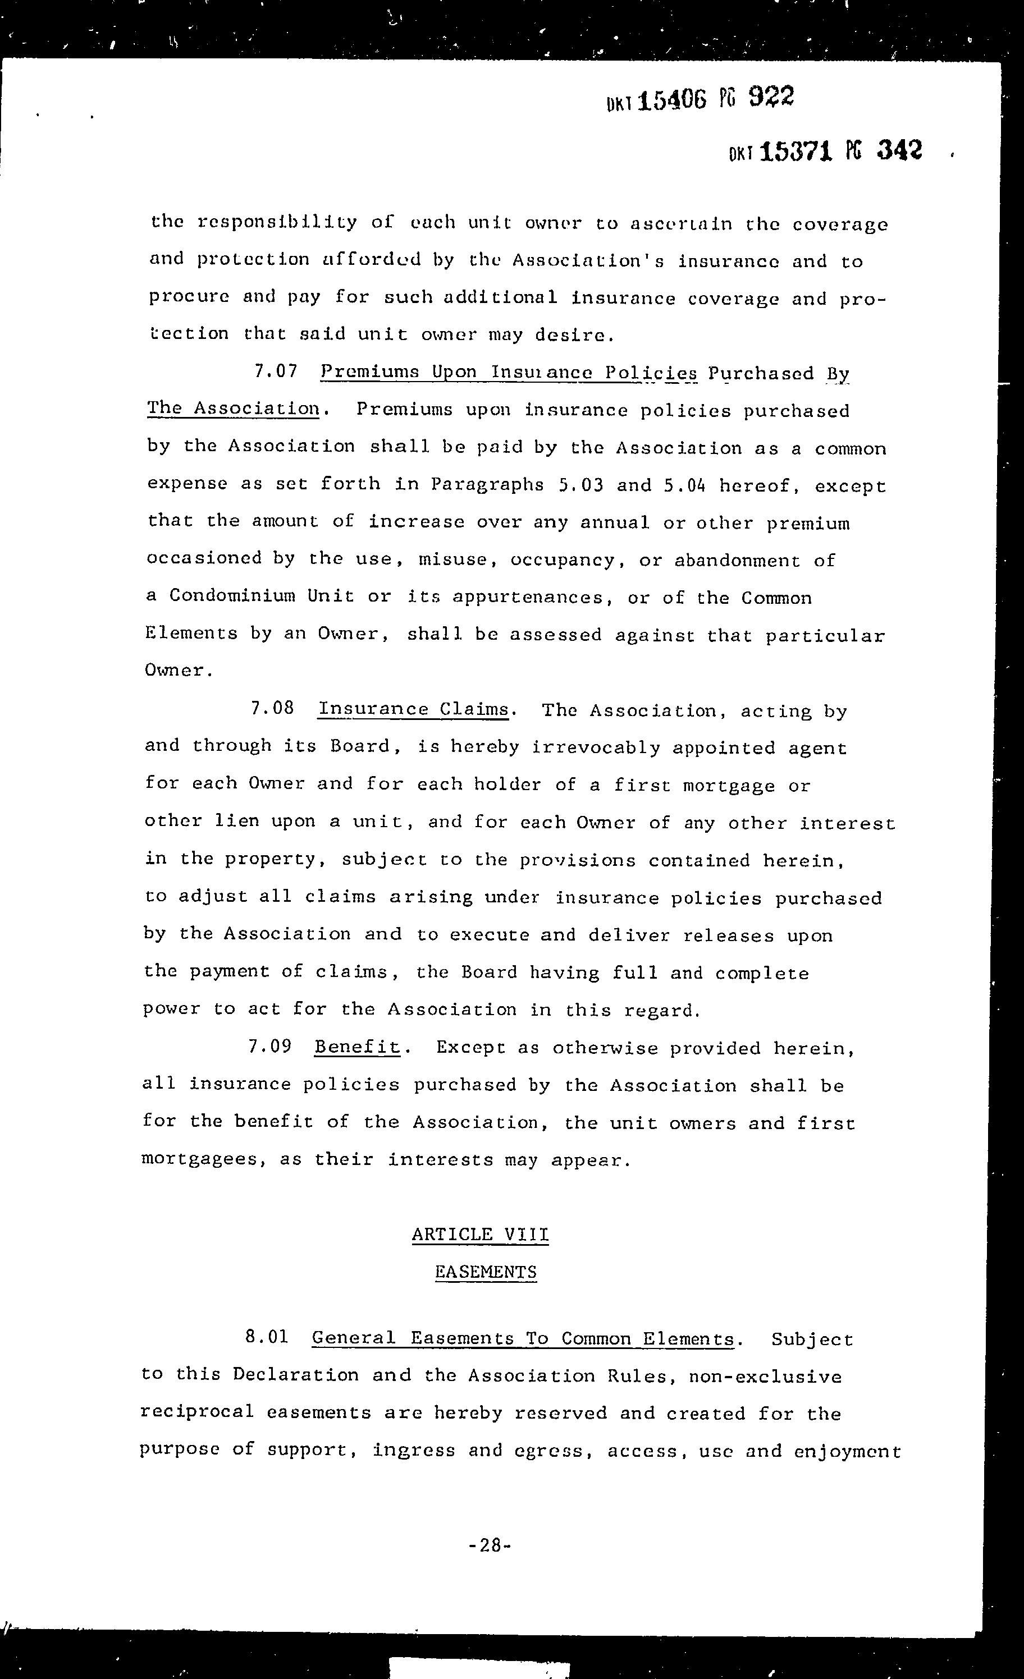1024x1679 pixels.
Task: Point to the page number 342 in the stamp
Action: click(x=899, y=149)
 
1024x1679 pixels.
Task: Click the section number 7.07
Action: click(x=276, y=371)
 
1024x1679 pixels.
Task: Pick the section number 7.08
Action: click(x=273, y=708)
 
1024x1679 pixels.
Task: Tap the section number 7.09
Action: click(x=270, y=1046)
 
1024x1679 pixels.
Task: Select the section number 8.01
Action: click(x=267, y=1336)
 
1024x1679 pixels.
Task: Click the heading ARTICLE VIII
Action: click(x=480, y=1234)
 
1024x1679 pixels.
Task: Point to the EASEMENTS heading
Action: click(x=486, y=1272)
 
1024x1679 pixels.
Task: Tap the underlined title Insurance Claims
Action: click(x=414, y=709)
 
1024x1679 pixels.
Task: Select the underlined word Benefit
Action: click(x=357, y=1047)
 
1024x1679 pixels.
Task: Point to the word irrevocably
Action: click(x=596, y=747)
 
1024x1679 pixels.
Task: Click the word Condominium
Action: click(x=232, y=595)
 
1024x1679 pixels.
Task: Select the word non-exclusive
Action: click(x=765, y=1376)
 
